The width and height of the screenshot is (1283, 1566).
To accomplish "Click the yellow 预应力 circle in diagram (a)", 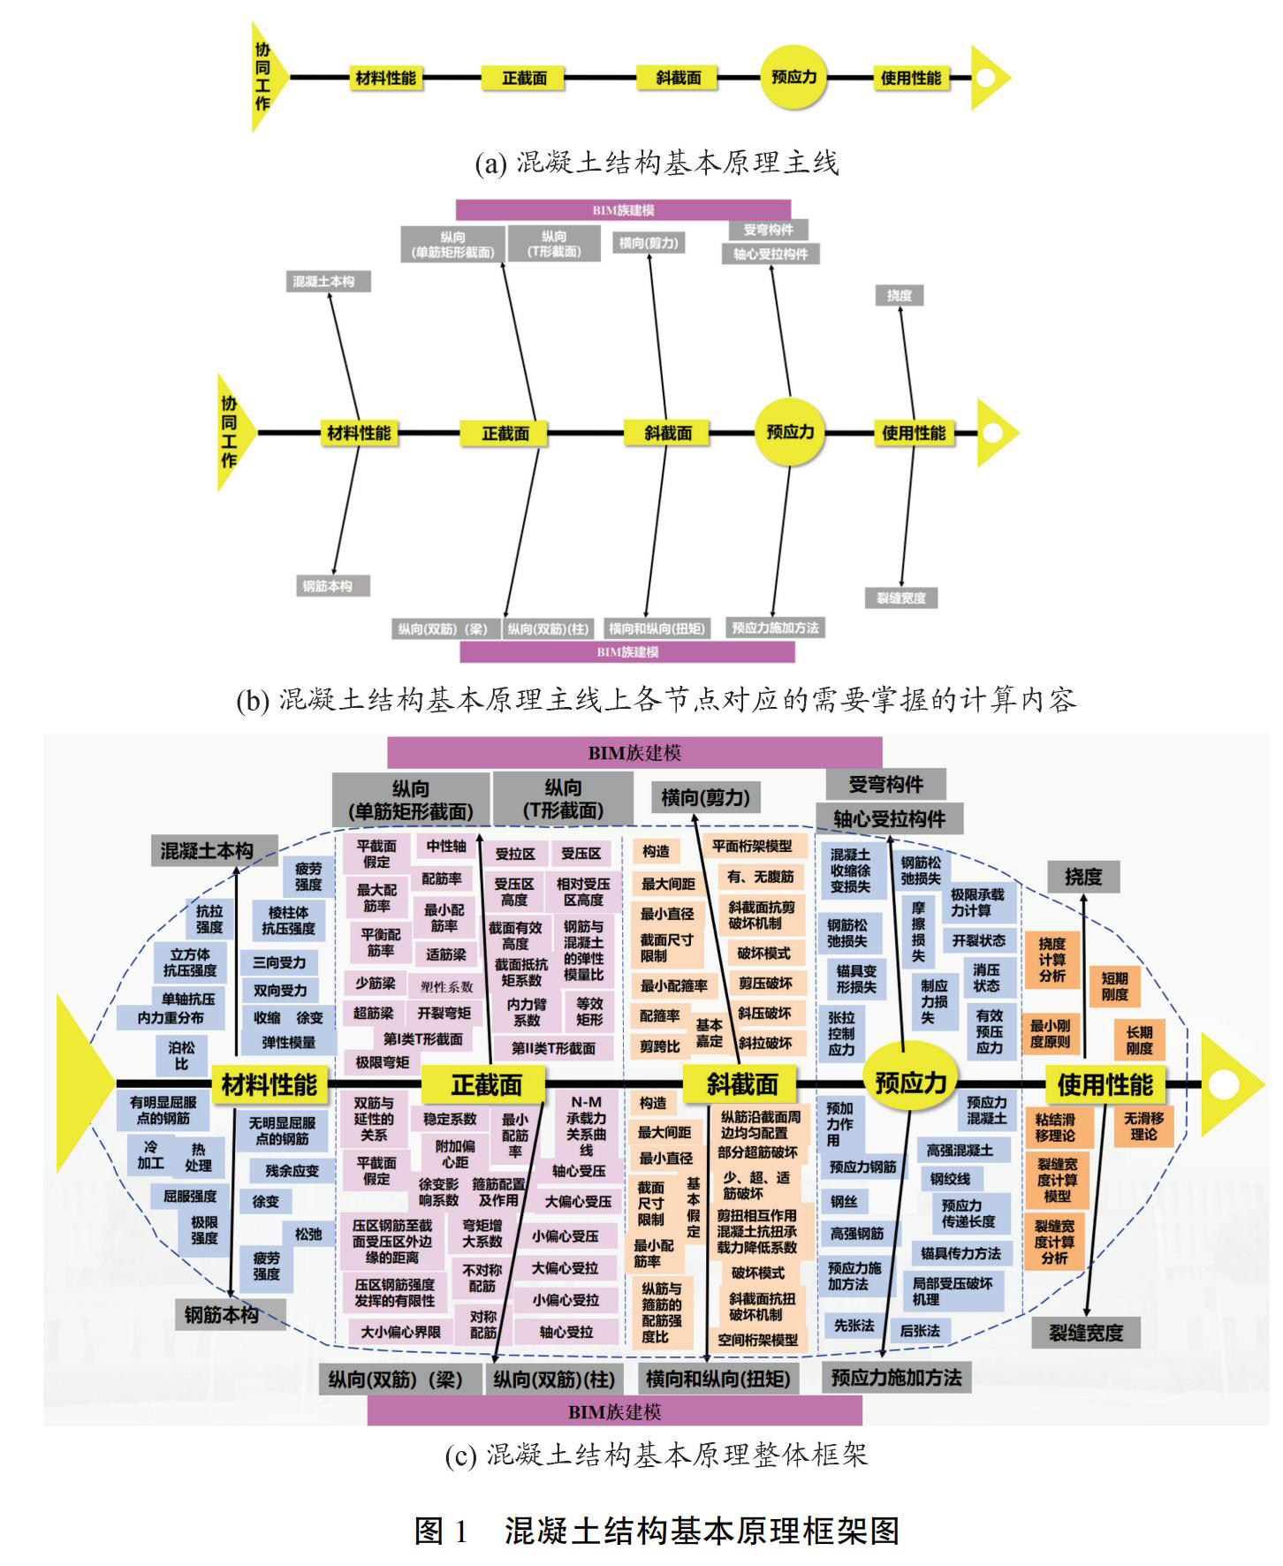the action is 793,78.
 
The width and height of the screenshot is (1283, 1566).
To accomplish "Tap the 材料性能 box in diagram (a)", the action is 385,78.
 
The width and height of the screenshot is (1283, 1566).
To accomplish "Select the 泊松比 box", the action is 182,1054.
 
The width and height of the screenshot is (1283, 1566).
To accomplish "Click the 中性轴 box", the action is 445,847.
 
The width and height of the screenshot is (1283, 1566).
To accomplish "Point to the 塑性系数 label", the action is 446,986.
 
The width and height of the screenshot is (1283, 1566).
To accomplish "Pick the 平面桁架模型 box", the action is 753,846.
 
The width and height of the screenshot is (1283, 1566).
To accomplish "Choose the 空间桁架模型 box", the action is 757,1340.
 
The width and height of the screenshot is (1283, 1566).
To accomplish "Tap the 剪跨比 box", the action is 660,1046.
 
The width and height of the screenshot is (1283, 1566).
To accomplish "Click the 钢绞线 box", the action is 950,1179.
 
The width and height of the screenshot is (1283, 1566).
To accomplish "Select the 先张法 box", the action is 854,1326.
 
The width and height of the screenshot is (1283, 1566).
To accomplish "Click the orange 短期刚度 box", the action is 1114,986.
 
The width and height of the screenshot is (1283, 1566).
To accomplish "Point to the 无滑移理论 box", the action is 1143,1126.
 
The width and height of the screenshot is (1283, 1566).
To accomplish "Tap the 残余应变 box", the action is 292,1171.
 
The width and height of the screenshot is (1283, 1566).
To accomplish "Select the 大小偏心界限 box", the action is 400,1332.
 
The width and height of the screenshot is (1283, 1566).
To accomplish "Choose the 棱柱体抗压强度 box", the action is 288,920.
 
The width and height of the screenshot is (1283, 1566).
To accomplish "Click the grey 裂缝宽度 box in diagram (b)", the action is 900,598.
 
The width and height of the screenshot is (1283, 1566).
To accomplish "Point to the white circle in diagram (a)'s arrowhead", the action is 986,78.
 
